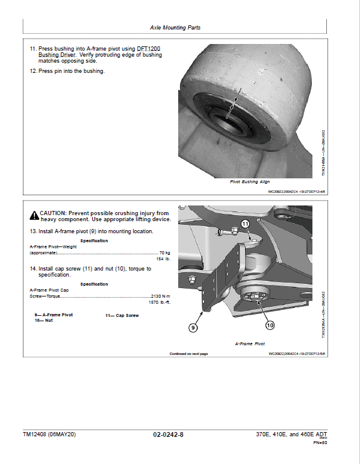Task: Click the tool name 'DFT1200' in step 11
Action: (x=147, y=48)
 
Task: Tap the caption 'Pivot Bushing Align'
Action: (x=250, y=181)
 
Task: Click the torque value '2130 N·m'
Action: (x=160, y=296)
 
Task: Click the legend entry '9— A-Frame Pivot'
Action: (x=54, y=315)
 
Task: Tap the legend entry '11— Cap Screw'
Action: (x=122, y=315)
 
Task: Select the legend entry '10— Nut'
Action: (x=44, y=321)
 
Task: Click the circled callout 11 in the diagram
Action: (x=245, y=224)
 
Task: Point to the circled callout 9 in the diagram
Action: (x=193, y=328)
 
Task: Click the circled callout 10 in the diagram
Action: (x=269, y=325)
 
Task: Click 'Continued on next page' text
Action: (x=188, y=354)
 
